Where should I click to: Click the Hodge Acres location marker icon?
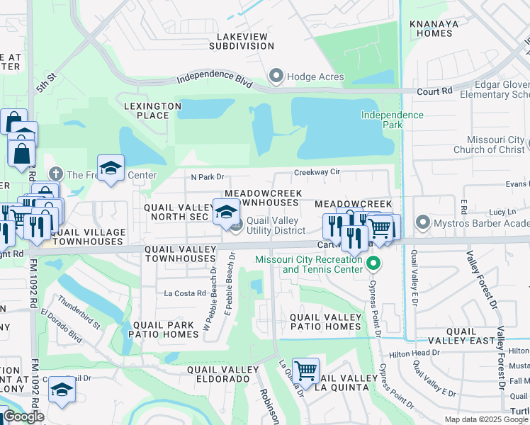tap(276, 75)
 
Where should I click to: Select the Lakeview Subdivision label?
tap(242, 40)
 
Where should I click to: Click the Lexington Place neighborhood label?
tap(152, 110)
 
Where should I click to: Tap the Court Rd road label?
tap(434, 91)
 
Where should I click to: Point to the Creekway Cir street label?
tap(317, 172)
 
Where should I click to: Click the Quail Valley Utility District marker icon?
tap(237, 225)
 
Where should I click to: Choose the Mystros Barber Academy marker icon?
tap(423, 223)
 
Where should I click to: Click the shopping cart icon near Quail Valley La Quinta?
tap(305, 370)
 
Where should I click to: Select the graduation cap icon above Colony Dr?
tap(62, 390)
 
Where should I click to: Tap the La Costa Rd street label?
tap(184, 293)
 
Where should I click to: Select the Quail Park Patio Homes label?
tap(165, 329)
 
